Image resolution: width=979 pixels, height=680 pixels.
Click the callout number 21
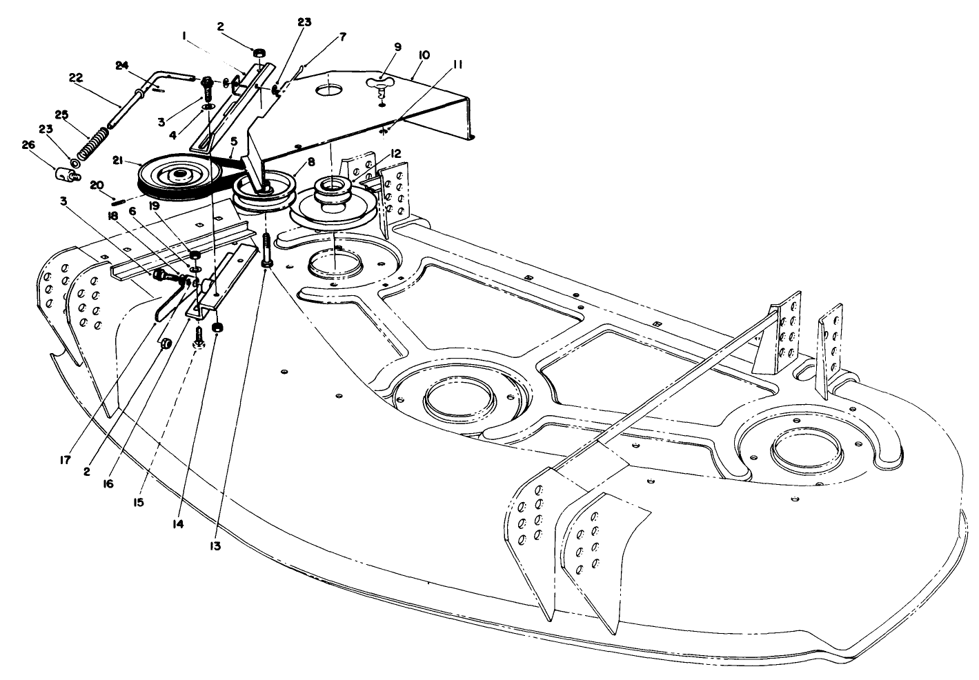pyautogui.click(x=118, y=160)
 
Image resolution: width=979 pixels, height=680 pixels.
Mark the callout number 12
pyautogui.click(x=395, y=154)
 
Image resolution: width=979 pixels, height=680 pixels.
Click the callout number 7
pyautogui.click(x=343, y=37)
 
